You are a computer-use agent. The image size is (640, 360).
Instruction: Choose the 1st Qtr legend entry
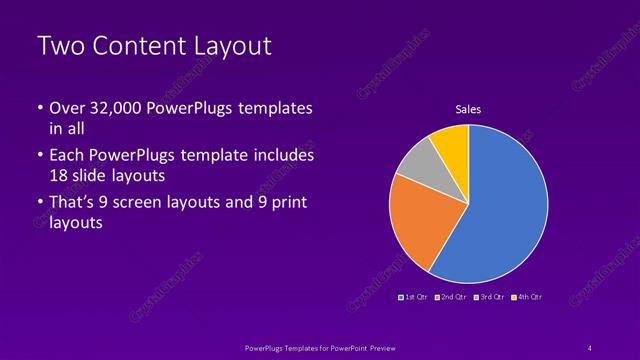[x=414, y=297]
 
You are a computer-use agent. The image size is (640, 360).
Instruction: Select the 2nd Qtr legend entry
[x=452, y=297]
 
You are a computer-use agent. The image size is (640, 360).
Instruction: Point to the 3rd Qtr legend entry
[x=490, y=297]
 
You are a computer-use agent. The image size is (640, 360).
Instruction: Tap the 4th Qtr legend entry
[x=527, y=297]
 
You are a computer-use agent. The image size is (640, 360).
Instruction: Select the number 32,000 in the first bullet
[x=110, y=108]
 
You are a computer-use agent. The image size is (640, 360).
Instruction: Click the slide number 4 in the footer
[x=590, y=346]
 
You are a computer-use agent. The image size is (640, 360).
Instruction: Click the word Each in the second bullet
[x=65, y=156]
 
